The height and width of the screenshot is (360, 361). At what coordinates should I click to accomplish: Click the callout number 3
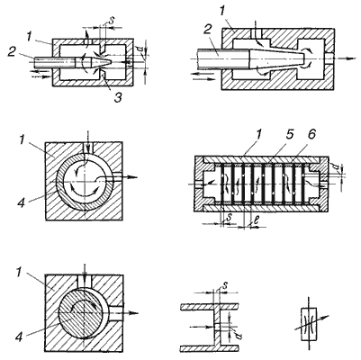[118, 97]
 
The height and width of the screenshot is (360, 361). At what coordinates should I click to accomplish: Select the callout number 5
[289, 135]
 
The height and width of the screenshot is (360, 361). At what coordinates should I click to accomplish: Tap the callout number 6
[311, 135]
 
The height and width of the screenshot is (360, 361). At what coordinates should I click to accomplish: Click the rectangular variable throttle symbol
[309, 324]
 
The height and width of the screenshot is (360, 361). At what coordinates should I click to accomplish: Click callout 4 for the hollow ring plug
[21, 203]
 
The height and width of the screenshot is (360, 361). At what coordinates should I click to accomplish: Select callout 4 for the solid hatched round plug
[19, 337]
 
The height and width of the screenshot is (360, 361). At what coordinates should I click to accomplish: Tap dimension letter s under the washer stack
[230, 218]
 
